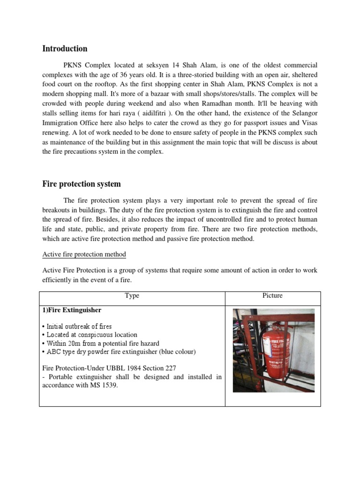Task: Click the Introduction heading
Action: point(65,49)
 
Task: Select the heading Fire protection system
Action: point(82,184)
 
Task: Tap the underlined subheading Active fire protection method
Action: point(84,255)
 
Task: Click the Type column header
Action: point(132,296)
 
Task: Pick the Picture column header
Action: point(273,296)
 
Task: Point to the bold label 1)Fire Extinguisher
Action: point(72,310)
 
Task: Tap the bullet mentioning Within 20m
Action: point(100,344)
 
